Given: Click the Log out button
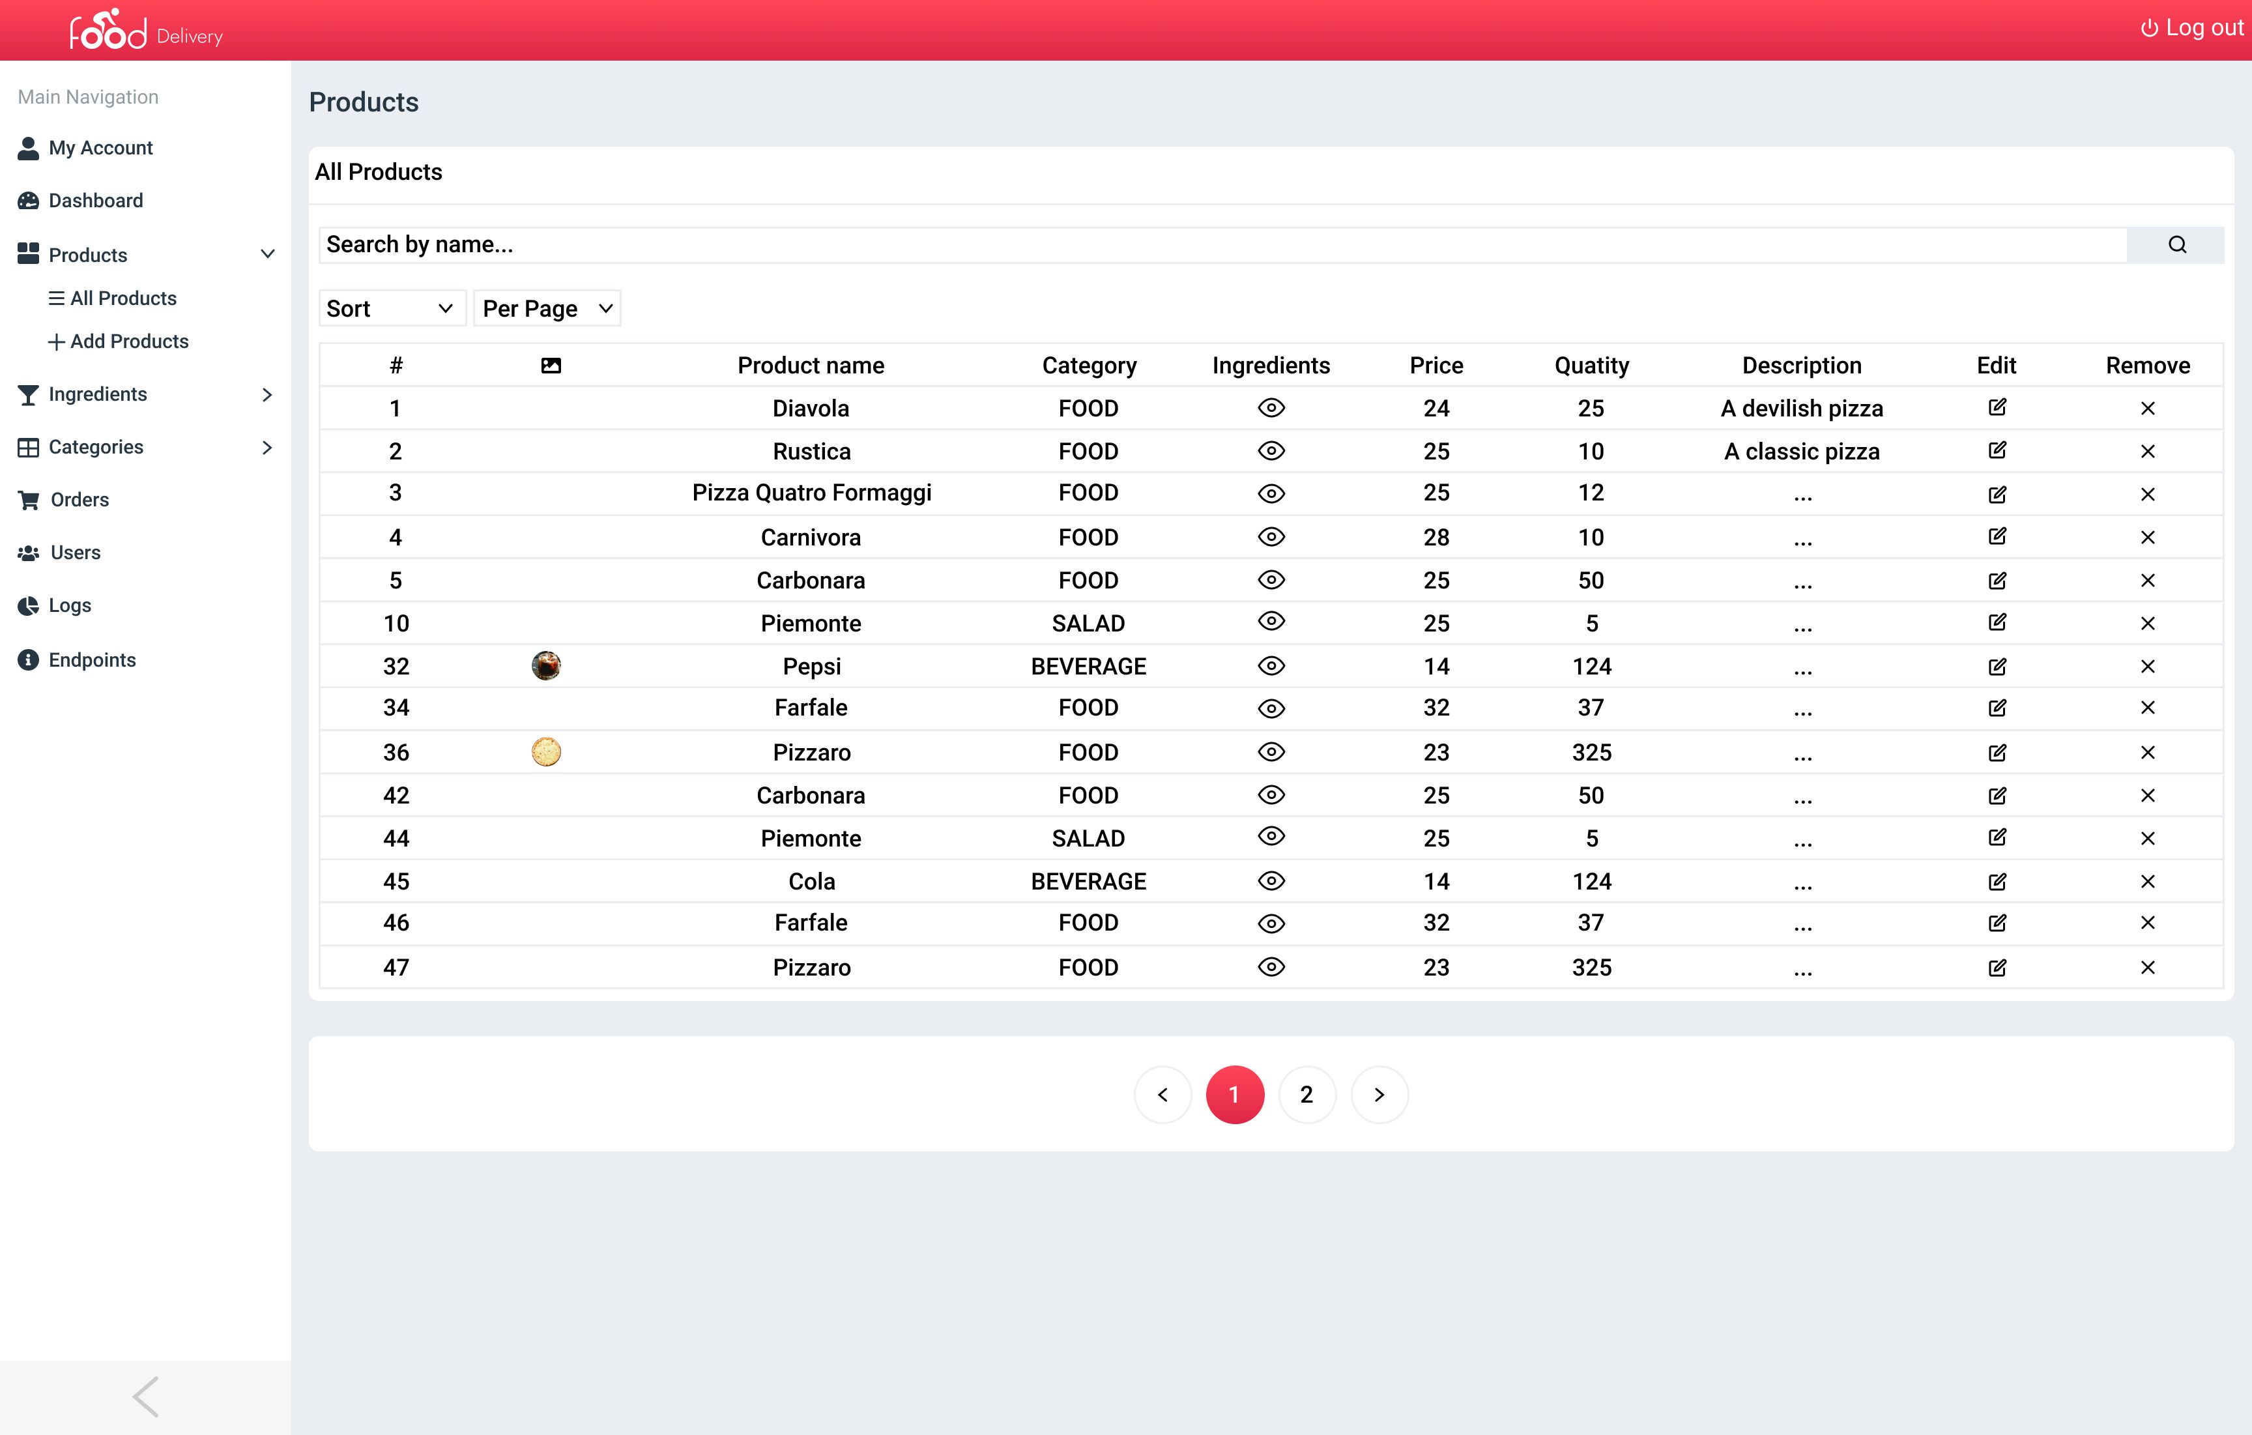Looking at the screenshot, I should click(2191, 28).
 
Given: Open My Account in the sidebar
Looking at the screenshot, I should click(100, 148).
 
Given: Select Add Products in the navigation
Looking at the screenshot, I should click(128, 341).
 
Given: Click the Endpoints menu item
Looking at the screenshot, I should click(92, 660).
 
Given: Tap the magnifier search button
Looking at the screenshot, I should click(2176, 245).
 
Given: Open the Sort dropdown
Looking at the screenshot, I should click(391, 309).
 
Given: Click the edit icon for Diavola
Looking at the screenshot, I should click(1997, 408).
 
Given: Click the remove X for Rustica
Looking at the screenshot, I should click(2147, 452).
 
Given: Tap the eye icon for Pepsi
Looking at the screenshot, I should click(1271, 666).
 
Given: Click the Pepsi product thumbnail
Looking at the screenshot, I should click(546, 666).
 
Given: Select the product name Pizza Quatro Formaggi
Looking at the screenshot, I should click(811, 493).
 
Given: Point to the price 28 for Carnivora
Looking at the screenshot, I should click(1436, 538).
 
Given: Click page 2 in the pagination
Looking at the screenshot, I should click(1306, 1094).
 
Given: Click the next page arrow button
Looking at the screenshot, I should click(1379, 1094).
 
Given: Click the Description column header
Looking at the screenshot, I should click(1801, 366).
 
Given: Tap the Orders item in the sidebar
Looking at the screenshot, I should click(79, 500).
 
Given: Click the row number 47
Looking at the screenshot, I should click(396, 967).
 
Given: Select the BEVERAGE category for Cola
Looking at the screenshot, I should click(1088, 881).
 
